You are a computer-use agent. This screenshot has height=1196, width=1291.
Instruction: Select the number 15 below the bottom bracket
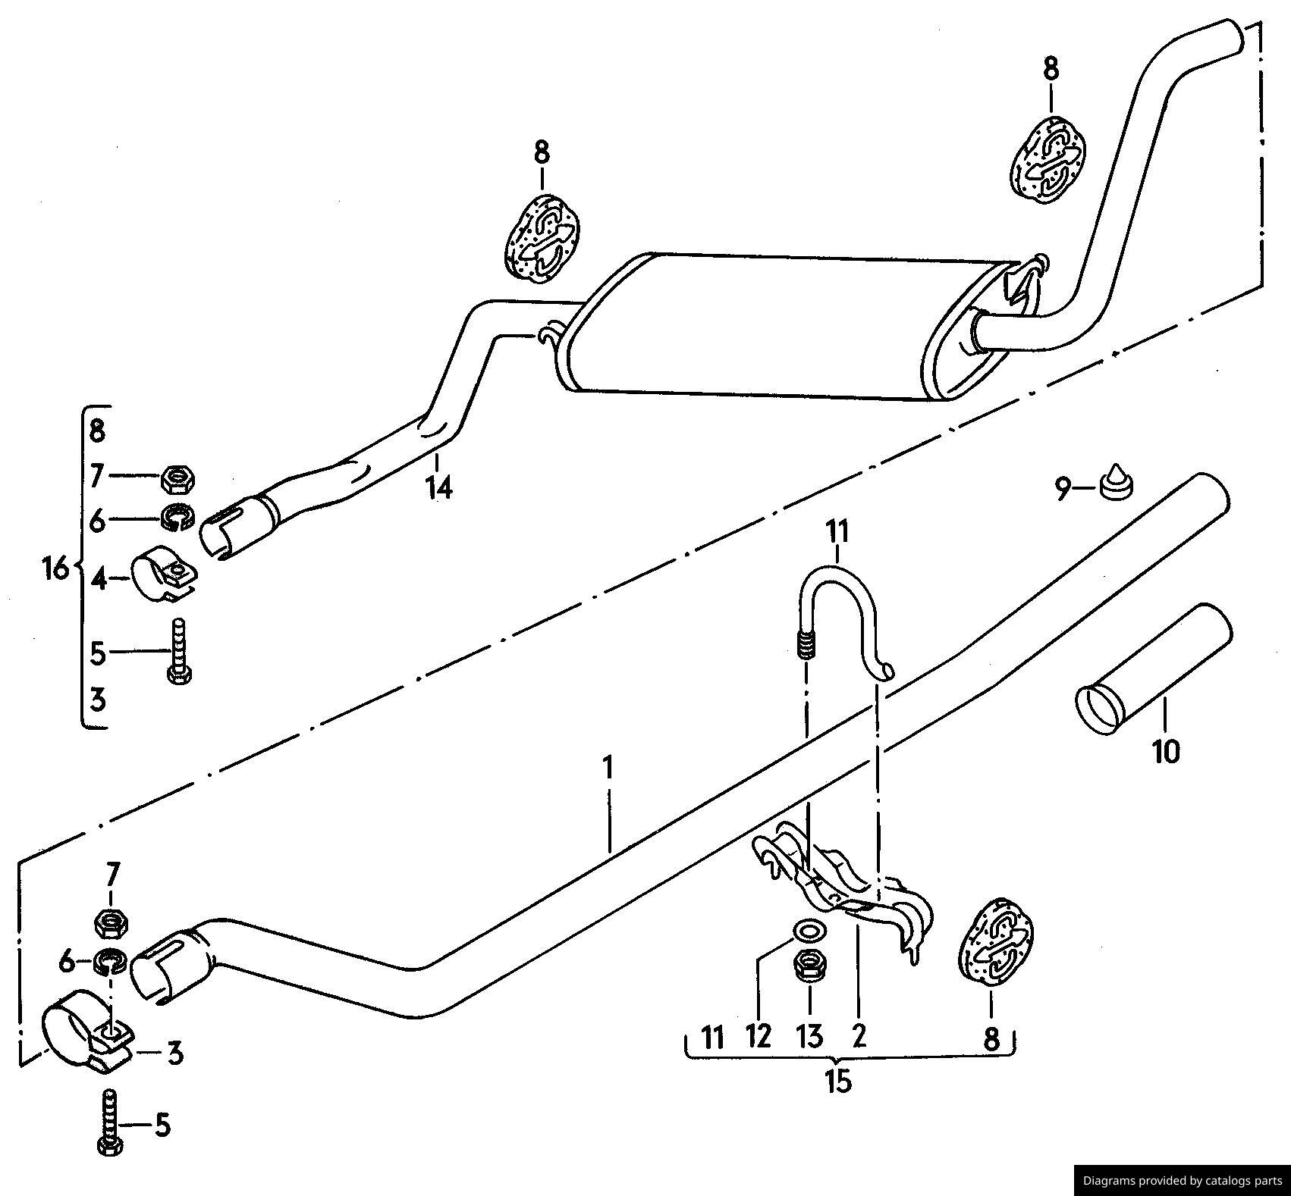click(839, 1081)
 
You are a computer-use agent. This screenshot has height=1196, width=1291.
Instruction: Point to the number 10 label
click(1166, 752)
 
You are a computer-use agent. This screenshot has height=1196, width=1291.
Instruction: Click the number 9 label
click(1063, 490)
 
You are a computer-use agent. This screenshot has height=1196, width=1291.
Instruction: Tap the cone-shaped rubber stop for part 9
click(1115, 482)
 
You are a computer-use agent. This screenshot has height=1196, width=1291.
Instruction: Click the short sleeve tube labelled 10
click(1153, 668)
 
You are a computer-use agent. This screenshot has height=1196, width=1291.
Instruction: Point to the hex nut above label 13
click(809, 964)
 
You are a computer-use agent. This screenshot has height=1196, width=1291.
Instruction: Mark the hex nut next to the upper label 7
click(179, 478)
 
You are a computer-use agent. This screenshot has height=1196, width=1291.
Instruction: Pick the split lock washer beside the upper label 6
click(179, 517)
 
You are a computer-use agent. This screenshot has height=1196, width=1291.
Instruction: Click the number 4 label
click(99, 580)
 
